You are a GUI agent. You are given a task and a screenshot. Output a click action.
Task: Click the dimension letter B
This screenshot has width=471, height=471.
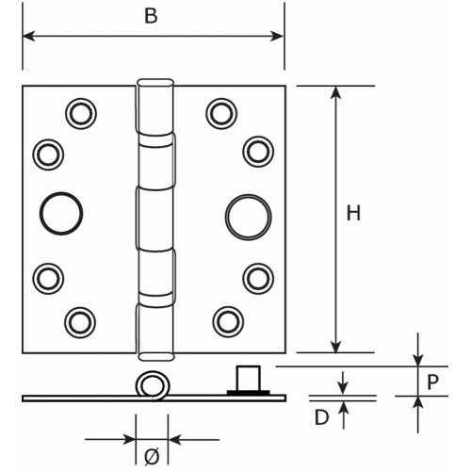tap(151, 16)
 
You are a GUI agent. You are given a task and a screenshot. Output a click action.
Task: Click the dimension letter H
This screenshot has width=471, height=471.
tap(353, 213)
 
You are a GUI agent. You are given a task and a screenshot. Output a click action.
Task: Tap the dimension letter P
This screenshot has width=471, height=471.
tap(432, 382)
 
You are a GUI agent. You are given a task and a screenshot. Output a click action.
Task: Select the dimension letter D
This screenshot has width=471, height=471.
tap(322, 417)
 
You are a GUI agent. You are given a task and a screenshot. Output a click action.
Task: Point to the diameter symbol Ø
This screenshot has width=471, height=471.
tap(152, 456)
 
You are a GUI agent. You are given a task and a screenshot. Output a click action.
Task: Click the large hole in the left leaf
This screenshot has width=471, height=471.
tap(61, 214)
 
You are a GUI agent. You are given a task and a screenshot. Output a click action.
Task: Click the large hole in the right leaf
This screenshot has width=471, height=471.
tap(249, 217)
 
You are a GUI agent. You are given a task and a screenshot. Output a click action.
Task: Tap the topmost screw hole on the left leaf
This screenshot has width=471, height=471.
tap(81, 113)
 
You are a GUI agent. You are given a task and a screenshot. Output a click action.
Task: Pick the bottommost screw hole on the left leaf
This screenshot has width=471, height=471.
tap(80, 322)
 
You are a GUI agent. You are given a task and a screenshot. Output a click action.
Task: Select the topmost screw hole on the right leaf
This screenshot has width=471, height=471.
tap(221, 114)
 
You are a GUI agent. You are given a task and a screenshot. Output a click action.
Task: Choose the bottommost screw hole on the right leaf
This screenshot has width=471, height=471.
tap(228, 322)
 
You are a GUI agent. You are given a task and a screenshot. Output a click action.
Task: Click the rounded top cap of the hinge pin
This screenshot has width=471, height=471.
tap(155, 83)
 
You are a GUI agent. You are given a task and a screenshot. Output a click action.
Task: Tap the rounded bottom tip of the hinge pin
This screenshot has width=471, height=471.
tap(156, 356)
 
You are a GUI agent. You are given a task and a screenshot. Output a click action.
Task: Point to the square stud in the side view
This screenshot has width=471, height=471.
tap(249, 378)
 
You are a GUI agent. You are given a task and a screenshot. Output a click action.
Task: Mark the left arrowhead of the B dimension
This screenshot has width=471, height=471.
tap(28, 36)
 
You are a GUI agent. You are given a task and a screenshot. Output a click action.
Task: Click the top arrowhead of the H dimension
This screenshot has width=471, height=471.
tap(336, 92)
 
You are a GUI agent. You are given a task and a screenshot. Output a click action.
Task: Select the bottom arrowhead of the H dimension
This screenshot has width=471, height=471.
tap(336, 346)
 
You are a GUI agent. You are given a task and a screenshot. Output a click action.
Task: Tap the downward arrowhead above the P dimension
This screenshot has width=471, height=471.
tap(418, 360)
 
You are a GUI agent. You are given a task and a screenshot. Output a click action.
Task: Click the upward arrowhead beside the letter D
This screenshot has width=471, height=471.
tap(344, 408)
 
